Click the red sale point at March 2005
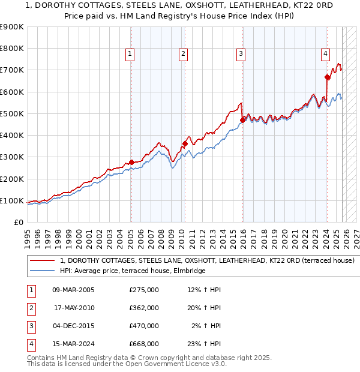pos(131,162)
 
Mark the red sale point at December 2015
pos(242,120)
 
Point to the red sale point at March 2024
pos(327,77)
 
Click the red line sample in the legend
pos(43,261)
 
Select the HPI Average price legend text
pos(133,271)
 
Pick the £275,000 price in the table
pos(143,290)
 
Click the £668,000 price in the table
pos(143,344)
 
